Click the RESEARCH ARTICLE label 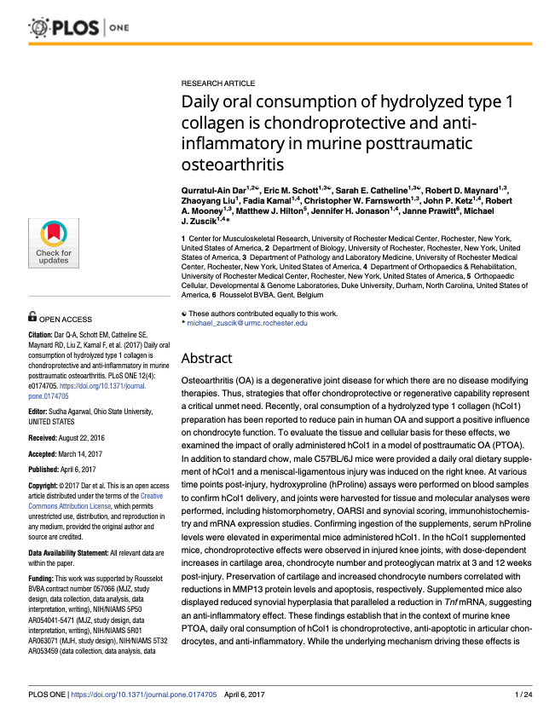(217, 84)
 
